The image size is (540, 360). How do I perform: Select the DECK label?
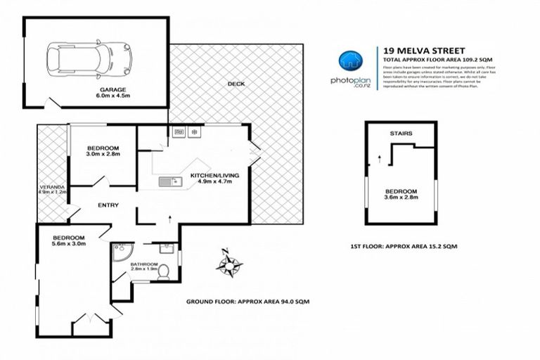point(235,84)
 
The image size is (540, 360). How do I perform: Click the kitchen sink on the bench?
point(169,182)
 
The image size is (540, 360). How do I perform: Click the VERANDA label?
point(51,187)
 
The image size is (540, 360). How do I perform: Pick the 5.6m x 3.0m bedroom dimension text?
point(69,244)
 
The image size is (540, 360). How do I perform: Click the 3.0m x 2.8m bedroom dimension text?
point(103,153)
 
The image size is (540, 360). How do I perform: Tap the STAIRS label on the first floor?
point(400,132)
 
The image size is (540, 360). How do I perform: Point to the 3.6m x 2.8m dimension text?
point(401,198)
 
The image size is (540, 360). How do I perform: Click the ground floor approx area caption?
point(247,301)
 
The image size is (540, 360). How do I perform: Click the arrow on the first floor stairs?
point(379,158)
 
